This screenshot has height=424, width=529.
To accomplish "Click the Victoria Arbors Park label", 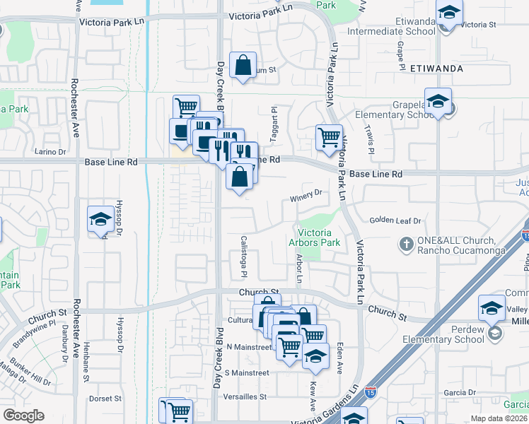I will (319, 237).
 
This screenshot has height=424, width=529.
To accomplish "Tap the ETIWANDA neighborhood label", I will (436, 69).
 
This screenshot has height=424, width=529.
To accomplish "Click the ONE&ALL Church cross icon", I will (406, 245).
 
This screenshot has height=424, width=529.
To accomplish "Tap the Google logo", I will (23, 416).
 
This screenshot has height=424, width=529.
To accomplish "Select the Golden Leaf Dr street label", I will (395, 221).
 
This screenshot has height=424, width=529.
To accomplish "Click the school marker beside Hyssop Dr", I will (100, 220).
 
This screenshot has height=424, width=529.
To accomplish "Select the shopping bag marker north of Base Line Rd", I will (243, 66).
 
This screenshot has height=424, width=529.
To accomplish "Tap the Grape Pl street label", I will (400, 51).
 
